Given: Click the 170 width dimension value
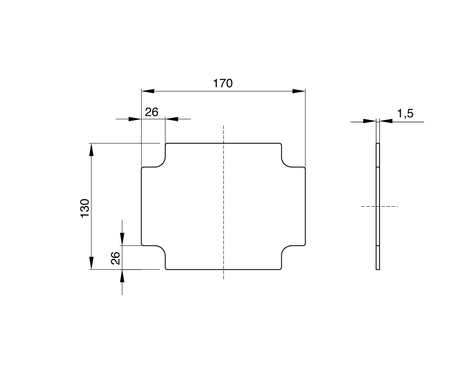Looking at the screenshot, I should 223,83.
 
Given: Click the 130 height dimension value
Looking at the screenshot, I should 85,208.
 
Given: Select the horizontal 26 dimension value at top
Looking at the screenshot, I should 152,112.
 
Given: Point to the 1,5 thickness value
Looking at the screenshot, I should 405,114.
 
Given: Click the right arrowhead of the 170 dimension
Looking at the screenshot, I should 299,91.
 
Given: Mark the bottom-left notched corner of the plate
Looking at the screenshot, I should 159,252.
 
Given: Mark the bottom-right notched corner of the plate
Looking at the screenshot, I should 288,252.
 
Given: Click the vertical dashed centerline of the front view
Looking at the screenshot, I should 224,200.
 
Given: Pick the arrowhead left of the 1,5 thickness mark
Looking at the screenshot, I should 370,121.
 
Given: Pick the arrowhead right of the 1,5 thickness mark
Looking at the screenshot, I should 386,121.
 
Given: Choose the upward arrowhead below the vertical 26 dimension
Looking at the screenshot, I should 122,276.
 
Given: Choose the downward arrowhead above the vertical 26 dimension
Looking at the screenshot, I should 122,239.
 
